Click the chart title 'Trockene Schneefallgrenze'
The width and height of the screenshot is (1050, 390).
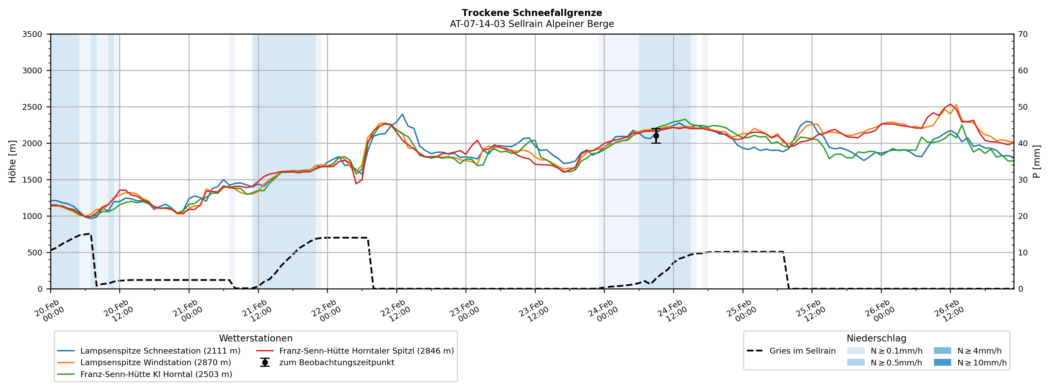[x=531, y=13]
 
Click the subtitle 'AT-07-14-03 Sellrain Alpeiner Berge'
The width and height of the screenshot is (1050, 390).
[x=531, y=24]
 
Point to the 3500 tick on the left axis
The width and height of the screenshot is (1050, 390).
[x=32, y=34]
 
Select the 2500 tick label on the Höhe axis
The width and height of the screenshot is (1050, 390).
[x=32, y=107]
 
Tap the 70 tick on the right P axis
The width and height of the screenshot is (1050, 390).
[x=1023, y=34]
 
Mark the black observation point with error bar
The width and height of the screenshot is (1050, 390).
[x=656, y=136]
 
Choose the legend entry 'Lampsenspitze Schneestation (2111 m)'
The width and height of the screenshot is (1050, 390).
[x=160, y=351]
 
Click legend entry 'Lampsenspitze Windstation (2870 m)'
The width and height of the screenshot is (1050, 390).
[x=155, y=363]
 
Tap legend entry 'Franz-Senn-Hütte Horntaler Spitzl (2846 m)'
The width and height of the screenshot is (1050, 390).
[x=366, y=351]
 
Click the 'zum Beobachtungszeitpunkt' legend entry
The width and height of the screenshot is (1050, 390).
[x=336, y=363]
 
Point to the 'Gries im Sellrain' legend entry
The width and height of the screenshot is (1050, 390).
[x=802, y=351]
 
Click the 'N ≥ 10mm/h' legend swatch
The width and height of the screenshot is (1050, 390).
[x=942, y=363]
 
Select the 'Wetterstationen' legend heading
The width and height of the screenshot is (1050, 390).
[x=256, y=338]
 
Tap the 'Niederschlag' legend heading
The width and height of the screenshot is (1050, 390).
[x=876, y=338]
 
